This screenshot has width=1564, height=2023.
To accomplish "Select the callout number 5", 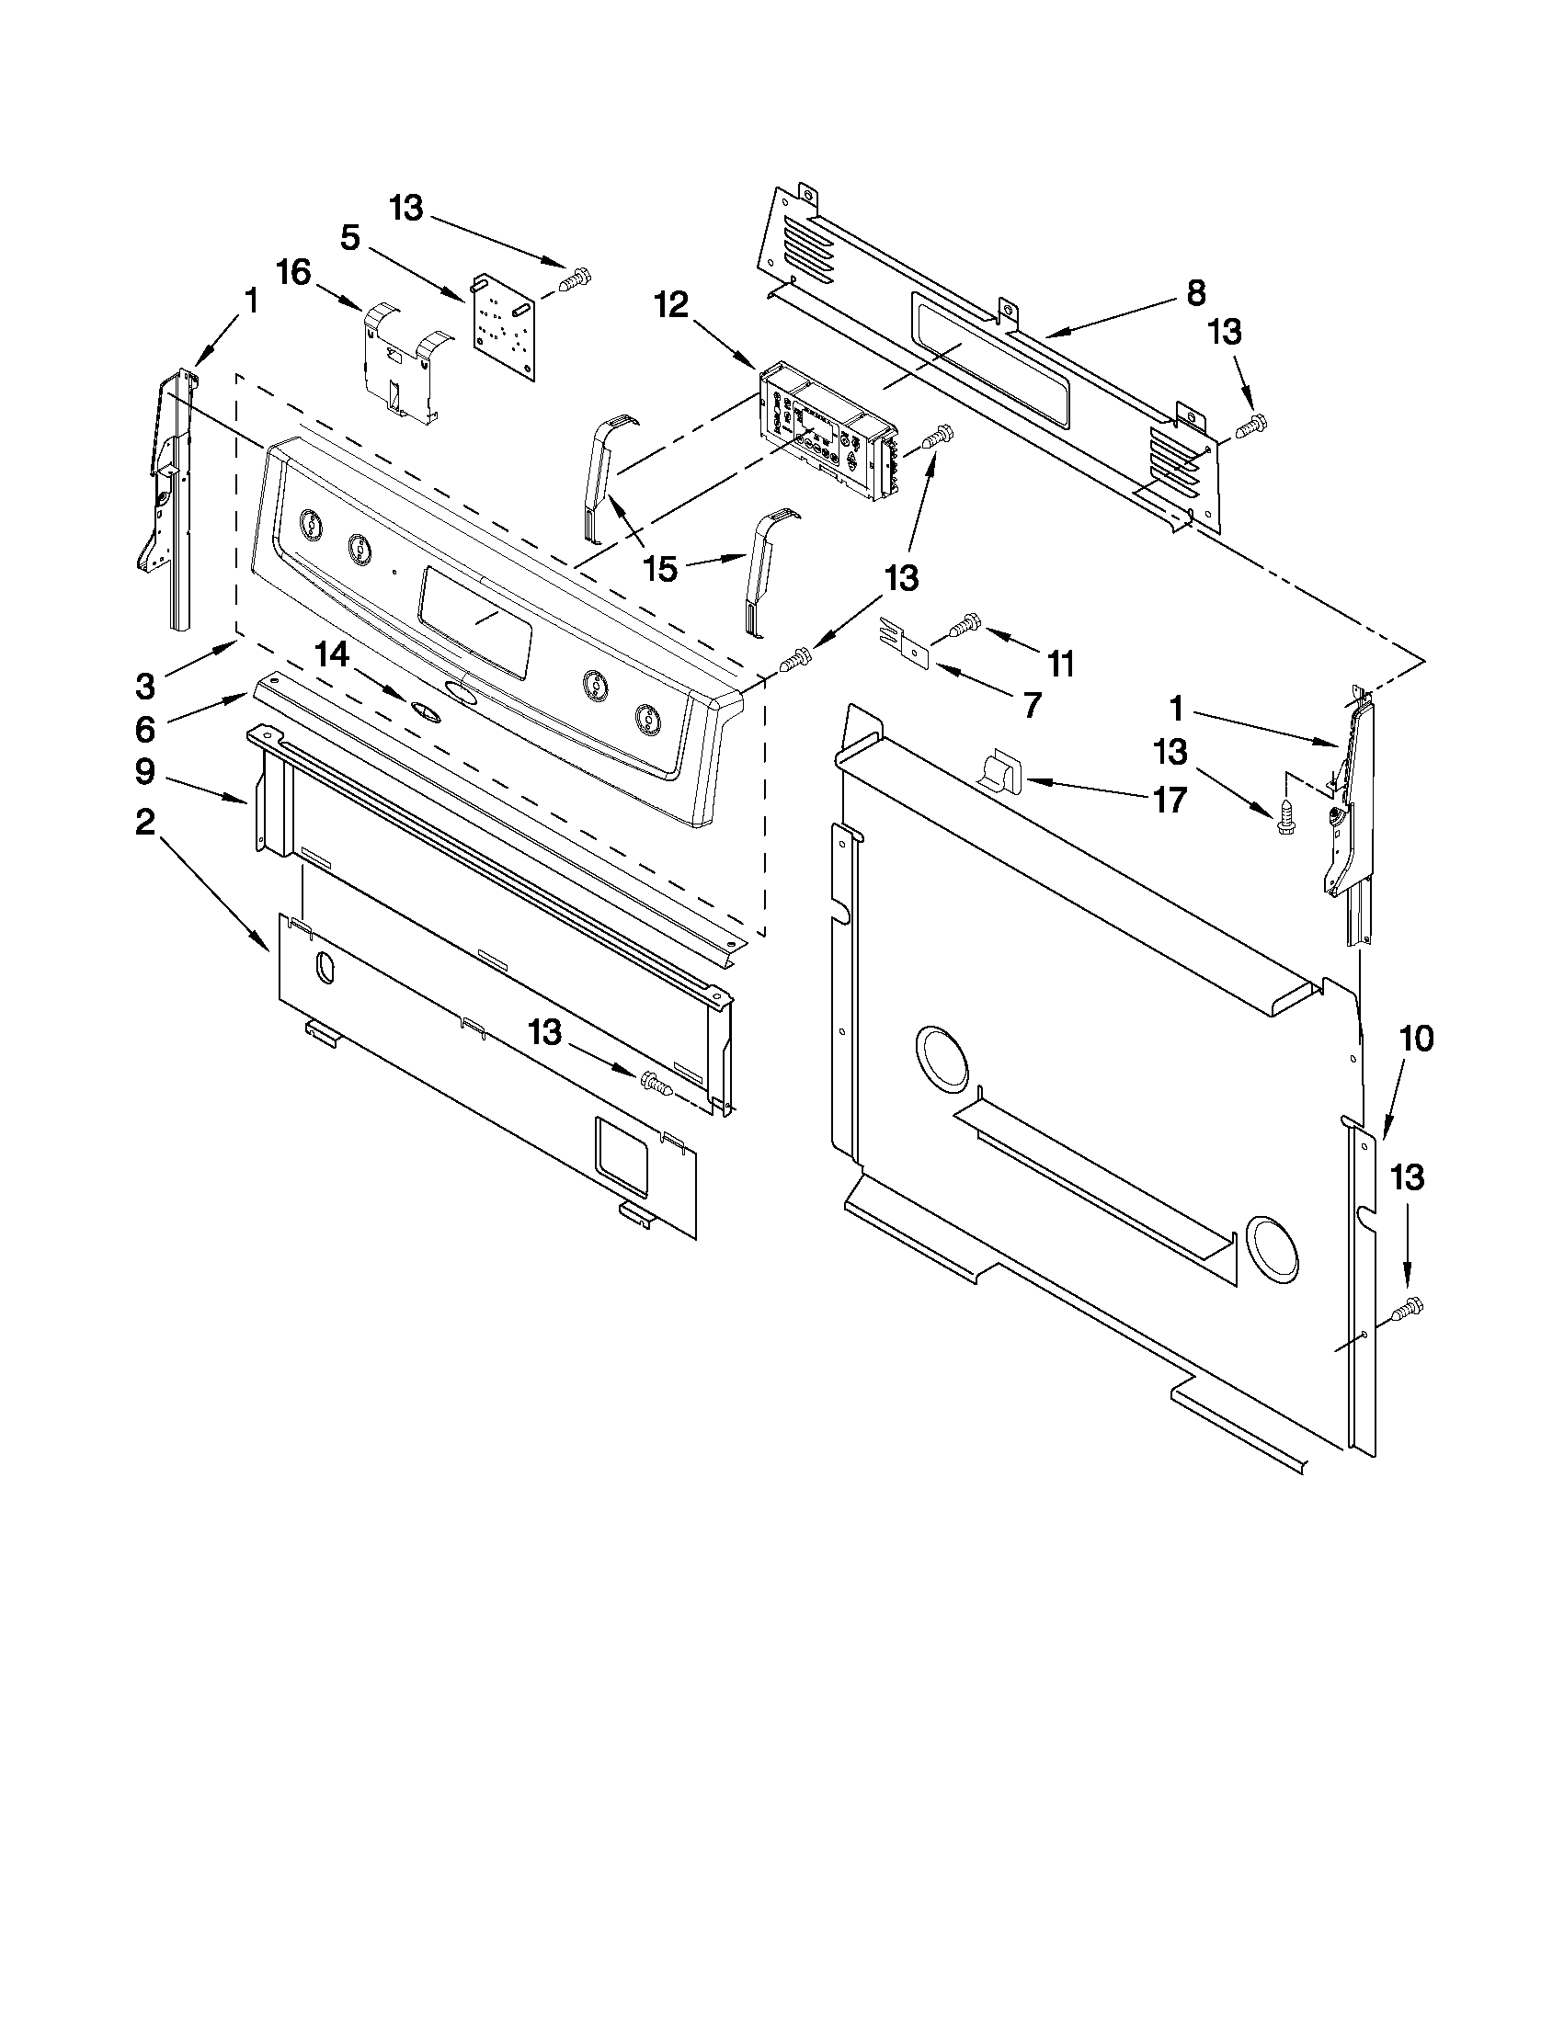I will (x=349, y=237).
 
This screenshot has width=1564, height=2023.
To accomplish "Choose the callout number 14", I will (x=331, y=656).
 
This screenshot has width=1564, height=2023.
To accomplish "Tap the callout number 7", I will (x=1033, y=705).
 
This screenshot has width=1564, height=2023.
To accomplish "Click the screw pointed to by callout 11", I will (x=964, y=626).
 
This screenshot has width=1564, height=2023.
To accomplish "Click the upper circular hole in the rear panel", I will (x=942, y=1057).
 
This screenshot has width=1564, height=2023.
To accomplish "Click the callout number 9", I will (x=145, y=771).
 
